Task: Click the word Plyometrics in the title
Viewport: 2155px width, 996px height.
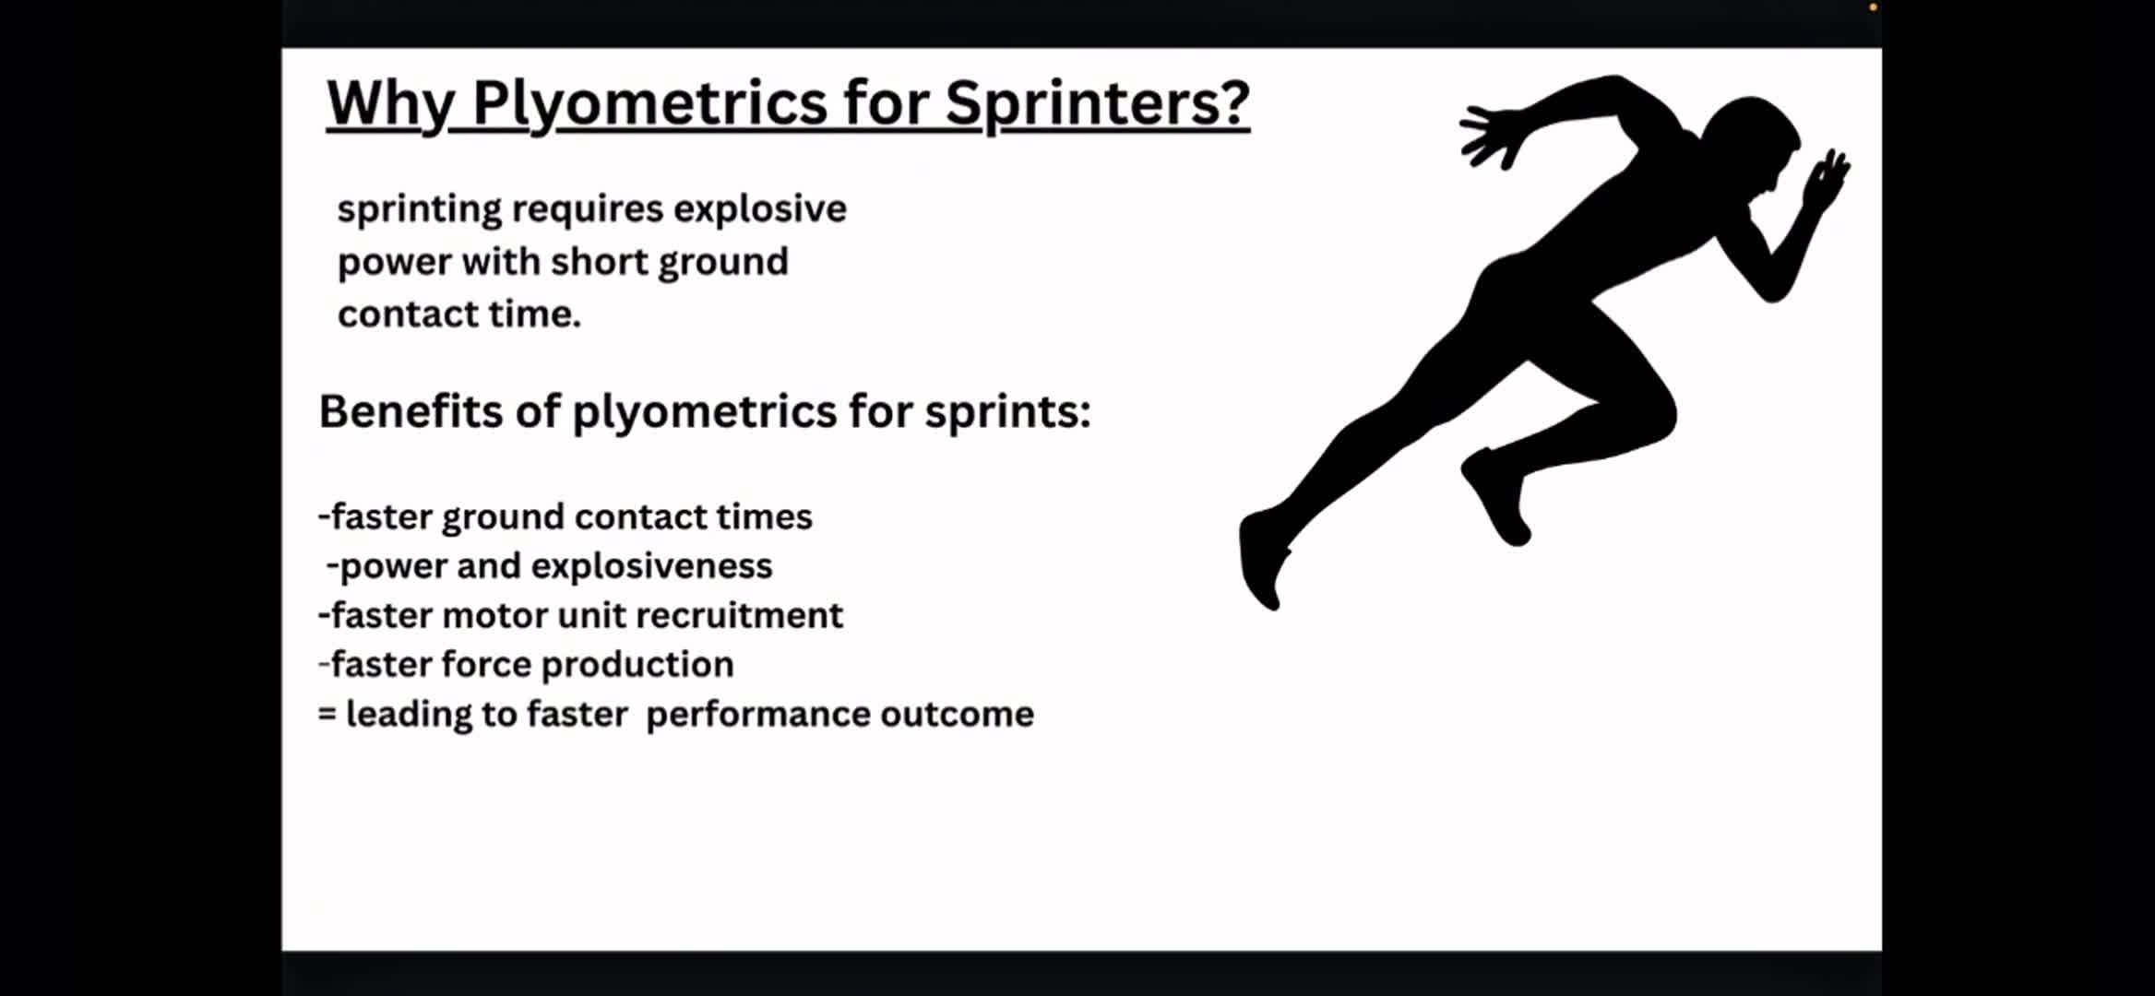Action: [649, 104]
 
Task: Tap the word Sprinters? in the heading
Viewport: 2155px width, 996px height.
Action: [1097, 104]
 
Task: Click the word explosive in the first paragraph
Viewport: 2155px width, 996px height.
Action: [759, 209]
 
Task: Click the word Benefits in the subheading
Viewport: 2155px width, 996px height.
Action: [410, 410]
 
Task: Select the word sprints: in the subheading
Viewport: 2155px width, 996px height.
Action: [1007, 412]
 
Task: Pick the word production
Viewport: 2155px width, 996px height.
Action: [637, 665]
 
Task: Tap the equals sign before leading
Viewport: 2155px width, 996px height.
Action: [327, 714]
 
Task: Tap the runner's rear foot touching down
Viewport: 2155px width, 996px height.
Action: [1262, 558]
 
